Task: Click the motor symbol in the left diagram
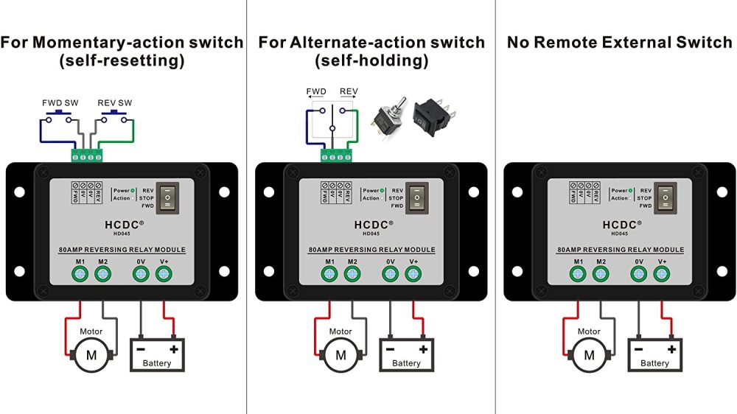point(92,355)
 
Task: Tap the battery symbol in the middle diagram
point(407,355)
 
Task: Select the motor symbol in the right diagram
point(589,355)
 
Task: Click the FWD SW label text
point(59,102)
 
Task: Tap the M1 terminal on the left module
point(80,274)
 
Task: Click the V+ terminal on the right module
point(661,274)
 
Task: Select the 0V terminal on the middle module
point(391,274)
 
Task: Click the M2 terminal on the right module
point(601,274)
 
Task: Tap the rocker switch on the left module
point(170,197)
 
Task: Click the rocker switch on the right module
point(666,197)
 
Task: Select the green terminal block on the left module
point(87,155)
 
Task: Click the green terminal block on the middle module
point(336,155)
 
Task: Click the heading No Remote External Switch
point(619,43)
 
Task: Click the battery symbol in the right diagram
point(654,355)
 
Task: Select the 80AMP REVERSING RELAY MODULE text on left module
point(122,250)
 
